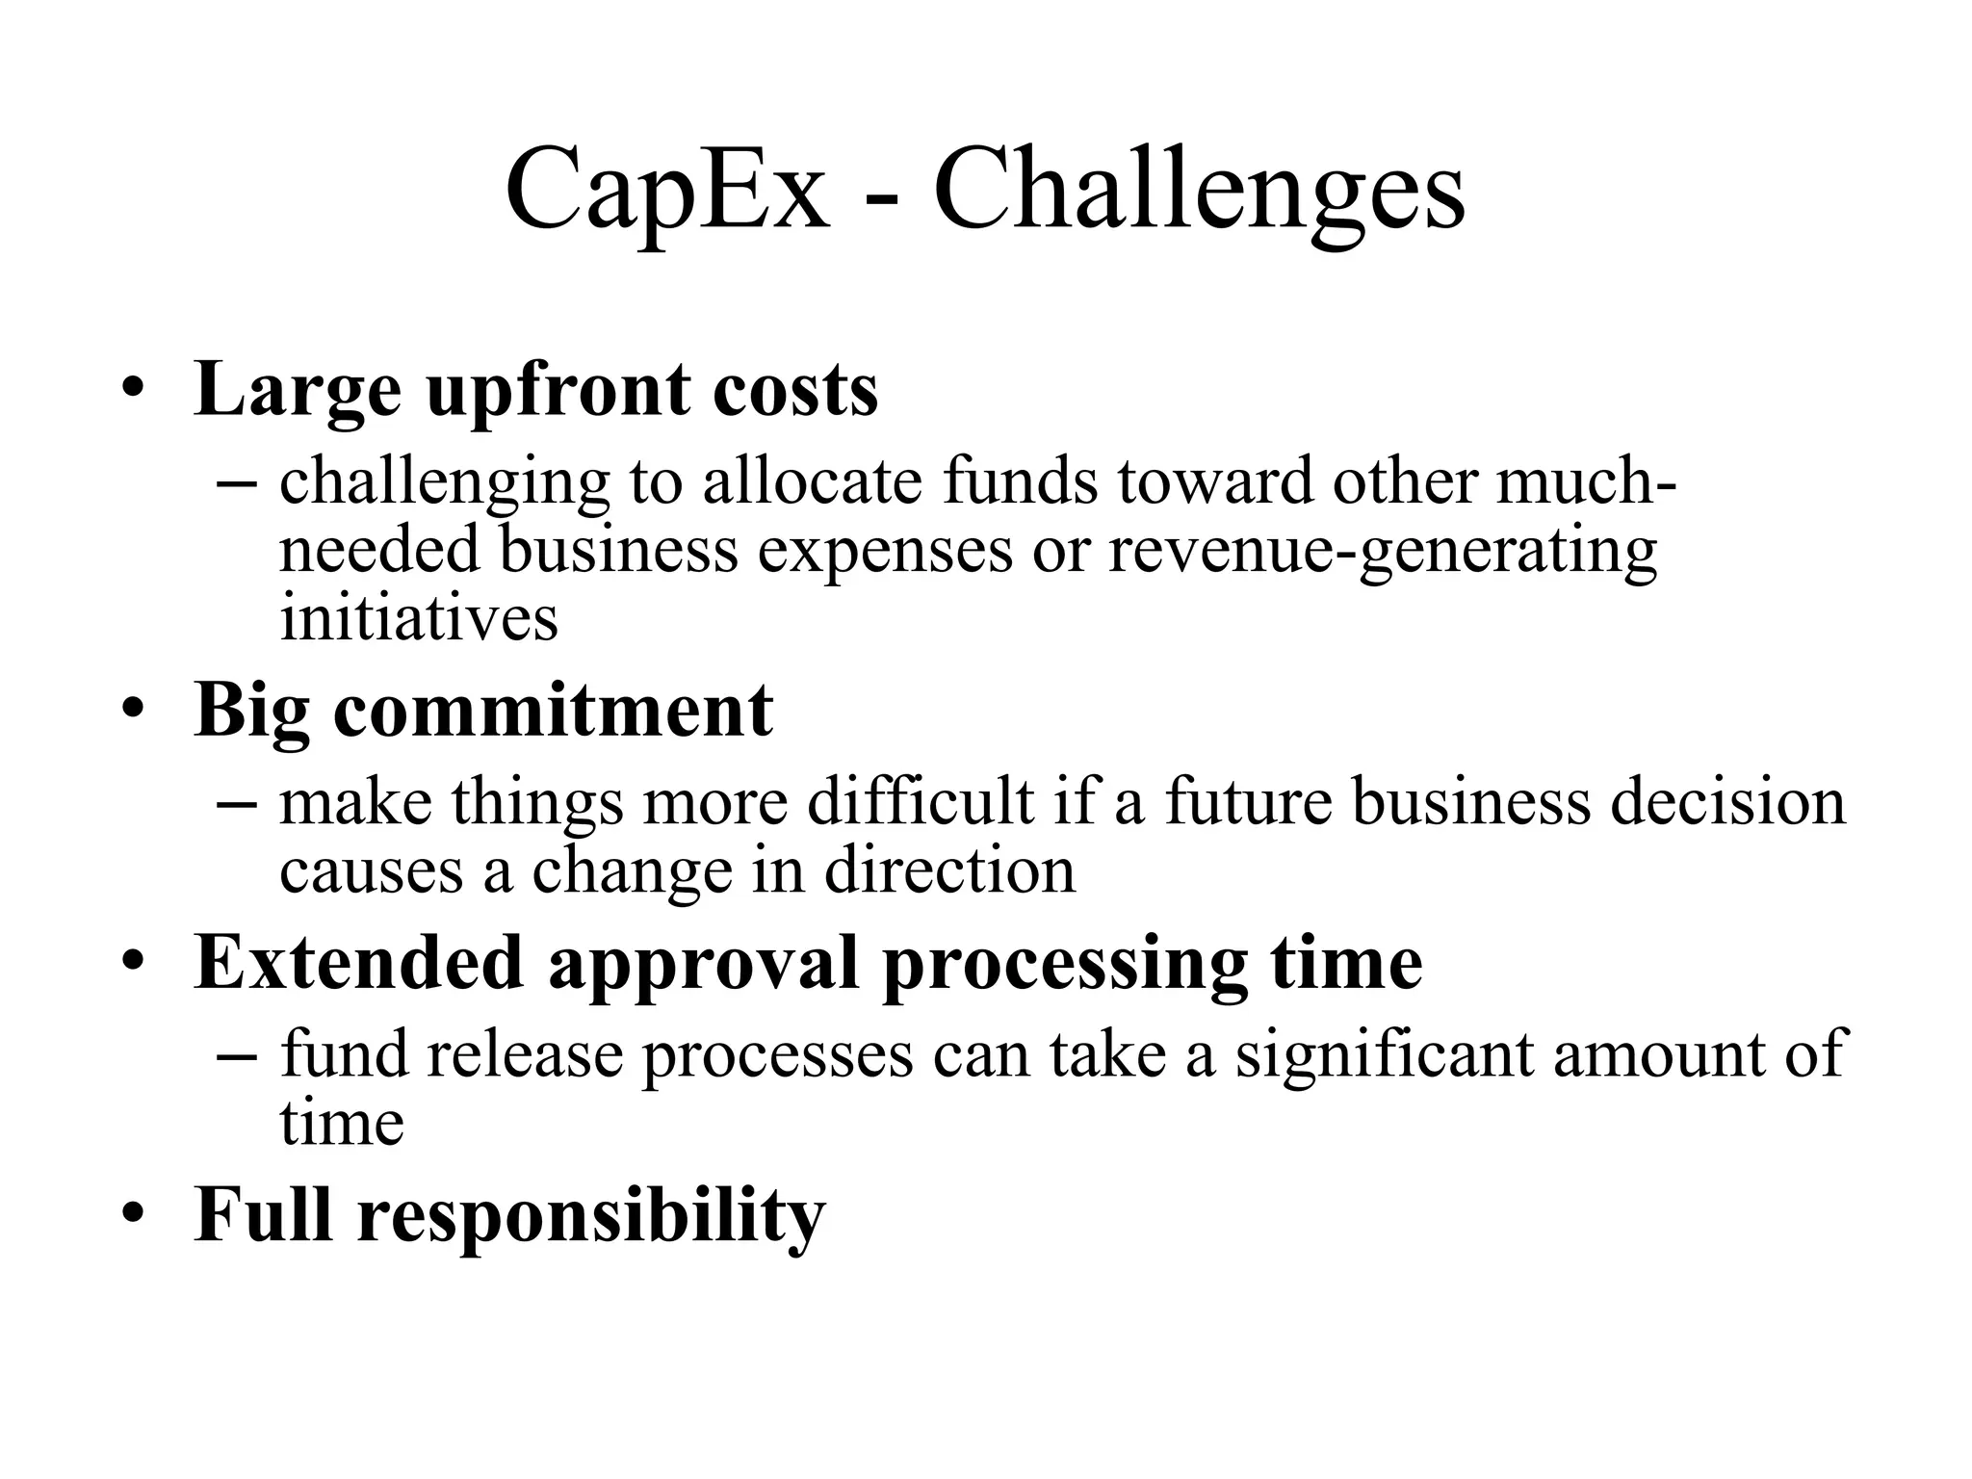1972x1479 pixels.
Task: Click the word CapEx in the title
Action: pyautogui.click(x=666, y=191)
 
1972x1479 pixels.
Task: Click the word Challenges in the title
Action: pyautogui.click(x=1199, y=191)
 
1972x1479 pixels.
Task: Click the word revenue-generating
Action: pyautogui.click(x=1382, y=550)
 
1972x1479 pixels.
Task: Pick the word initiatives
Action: pyautogui.click(x=419, y=617)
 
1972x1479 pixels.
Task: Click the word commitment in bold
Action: pyautogui.click(x=553, y=711)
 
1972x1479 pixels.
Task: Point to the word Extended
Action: pyautogui.click(x=359, y=963)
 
